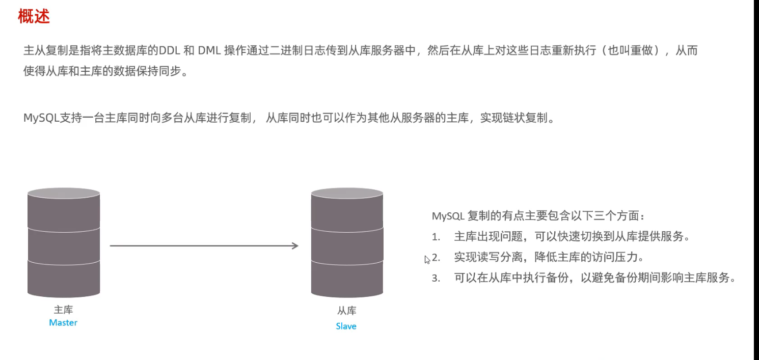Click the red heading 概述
click(x=34, y=17)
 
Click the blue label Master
click(x=63, y=322)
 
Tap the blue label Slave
click(x=346, y=326)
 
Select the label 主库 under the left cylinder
click(x=63, y=310)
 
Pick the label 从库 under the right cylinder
click(x=346, y=311)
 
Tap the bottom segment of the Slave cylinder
click(x=347, y=279)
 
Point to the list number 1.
click(x=436, y=237)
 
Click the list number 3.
click(x=436, y=279)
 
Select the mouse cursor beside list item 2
click(x=427, y=259)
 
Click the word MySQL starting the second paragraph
click(x=41, y=118)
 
